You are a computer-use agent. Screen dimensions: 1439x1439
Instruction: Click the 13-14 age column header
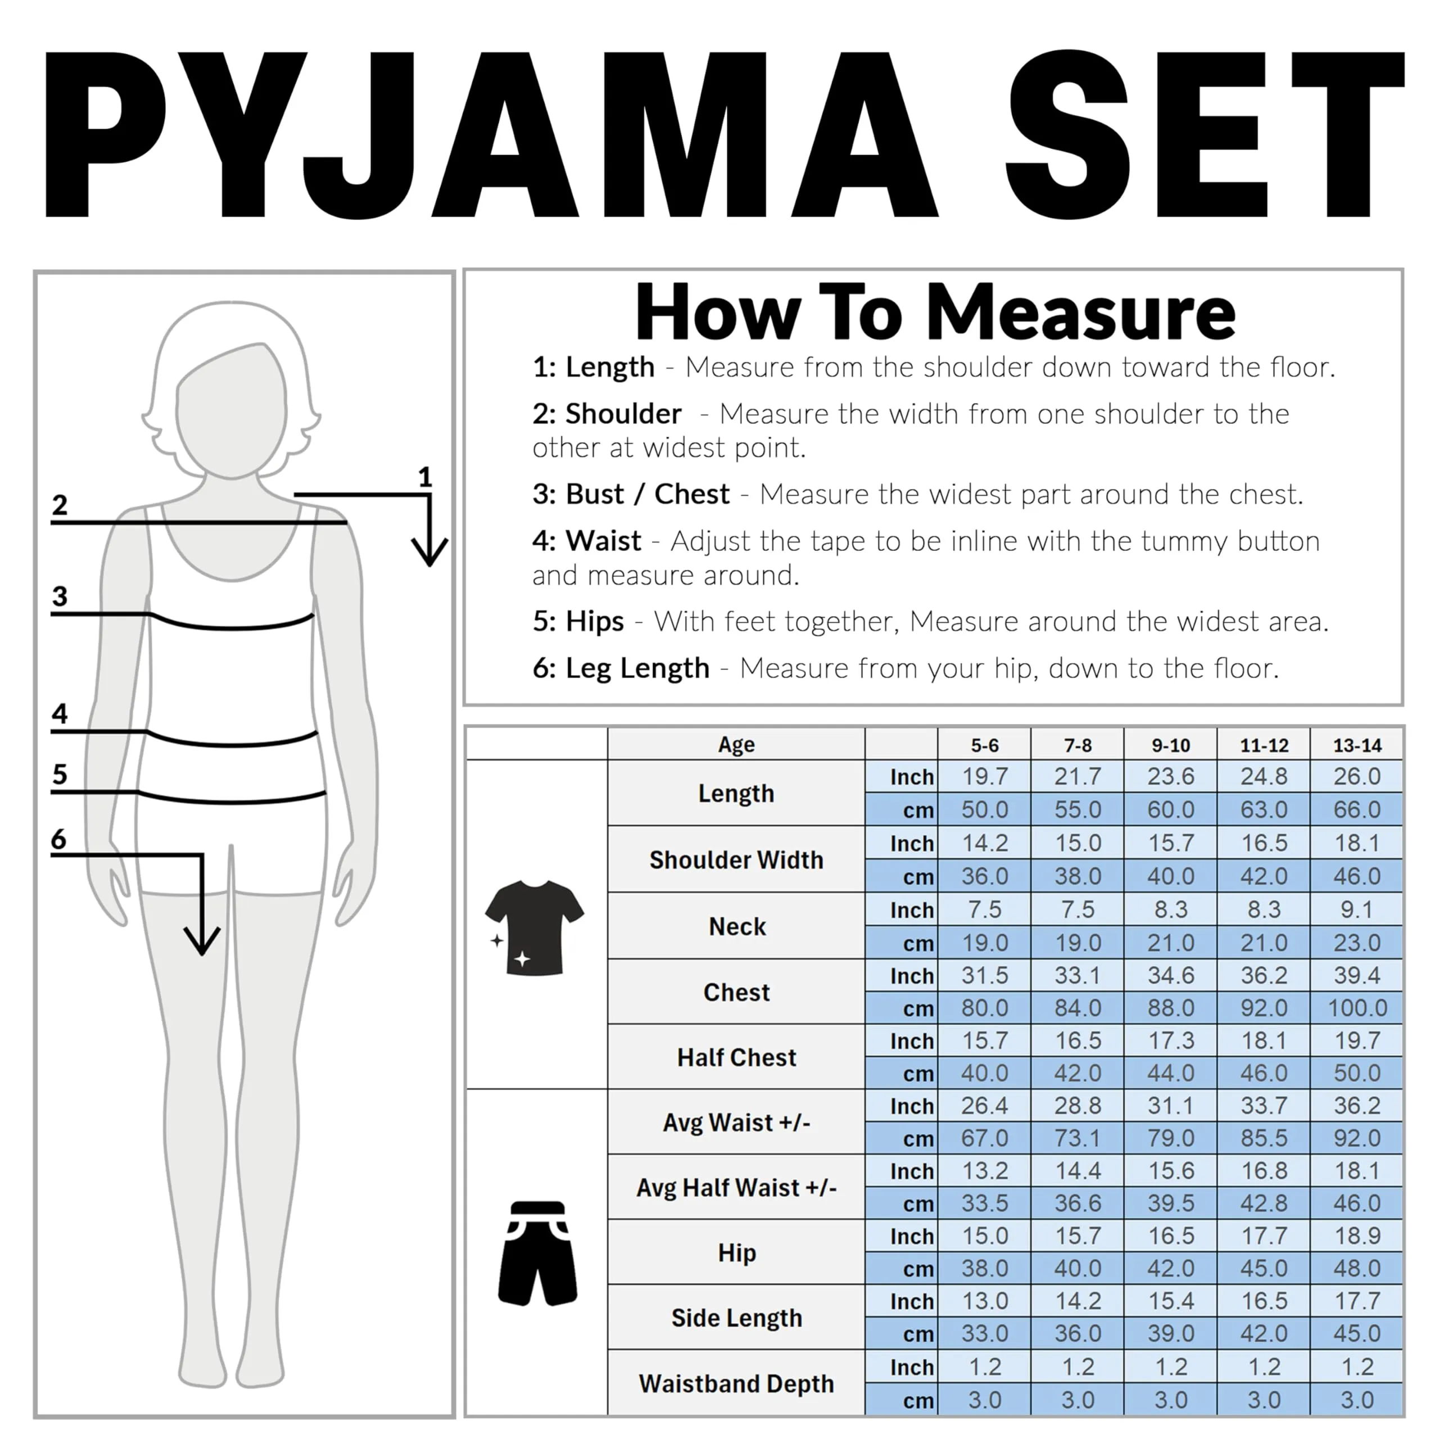tap(1356, 745)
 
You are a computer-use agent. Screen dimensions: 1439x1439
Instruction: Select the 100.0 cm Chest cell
tap(1356, 1008)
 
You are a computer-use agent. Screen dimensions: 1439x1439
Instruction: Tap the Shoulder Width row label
tap(736, 859)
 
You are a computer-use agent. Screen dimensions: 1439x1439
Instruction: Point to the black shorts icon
tap(537, 1253)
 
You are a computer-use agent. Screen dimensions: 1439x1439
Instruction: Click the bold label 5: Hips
tap(578, 621)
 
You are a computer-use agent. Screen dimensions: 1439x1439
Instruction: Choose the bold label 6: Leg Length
tap(621, 668)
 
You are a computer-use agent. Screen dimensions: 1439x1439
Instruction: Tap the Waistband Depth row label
tap(736, 1383)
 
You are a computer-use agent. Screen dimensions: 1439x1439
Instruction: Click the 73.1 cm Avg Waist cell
tap(1077, 1138)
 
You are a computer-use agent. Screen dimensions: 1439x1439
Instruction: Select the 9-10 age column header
tap(1170, 745)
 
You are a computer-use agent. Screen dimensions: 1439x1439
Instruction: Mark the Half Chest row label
tap(736, 1057)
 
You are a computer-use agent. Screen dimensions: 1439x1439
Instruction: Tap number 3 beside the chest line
tap(60, 596)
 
